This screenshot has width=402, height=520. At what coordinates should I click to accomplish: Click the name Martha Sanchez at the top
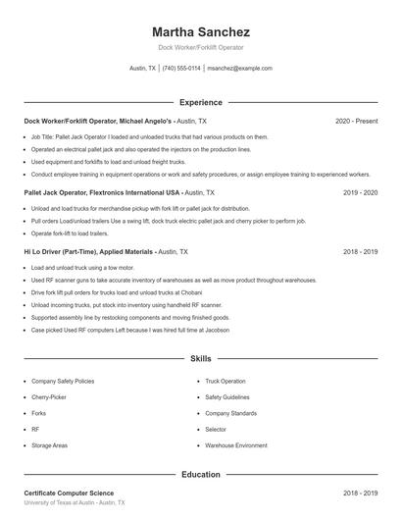[x=201, y=31]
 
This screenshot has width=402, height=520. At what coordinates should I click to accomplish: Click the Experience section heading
[x=201, y=102]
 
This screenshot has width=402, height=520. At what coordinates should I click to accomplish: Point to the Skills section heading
[x=201, y=360]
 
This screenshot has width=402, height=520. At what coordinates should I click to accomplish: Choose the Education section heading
[x=201, y=475]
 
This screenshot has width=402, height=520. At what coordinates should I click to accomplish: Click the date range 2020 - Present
[x=356, y=121]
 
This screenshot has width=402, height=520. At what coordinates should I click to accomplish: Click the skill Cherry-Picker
[x=49, y=397]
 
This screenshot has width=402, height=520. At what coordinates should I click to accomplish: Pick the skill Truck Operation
[x=226, y=381]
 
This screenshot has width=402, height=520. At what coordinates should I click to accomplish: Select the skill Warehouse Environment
[x=236, y=445]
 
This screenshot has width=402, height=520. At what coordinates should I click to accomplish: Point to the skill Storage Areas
[x=49, y=445]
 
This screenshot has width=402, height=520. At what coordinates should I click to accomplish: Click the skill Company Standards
[x=231, y=413]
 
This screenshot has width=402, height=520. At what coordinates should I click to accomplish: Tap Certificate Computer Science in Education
[x=69, y=493]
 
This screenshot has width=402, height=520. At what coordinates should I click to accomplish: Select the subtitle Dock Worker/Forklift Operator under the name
[x=201, y=47]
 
